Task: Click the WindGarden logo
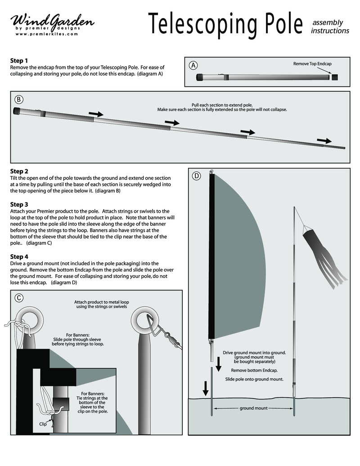click(52, 22)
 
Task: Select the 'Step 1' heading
click(19, 60)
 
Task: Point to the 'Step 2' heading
click(19, 171)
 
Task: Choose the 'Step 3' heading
click(19, 204)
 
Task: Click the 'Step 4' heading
click(19, 256)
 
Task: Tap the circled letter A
click(193, 65)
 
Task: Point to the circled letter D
click(196, 176)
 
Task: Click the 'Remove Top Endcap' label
click(312, 64)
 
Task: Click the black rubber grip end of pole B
click(17, 111)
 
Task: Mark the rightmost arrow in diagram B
click(324, 140)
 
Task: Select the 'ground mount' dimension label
click(254, 408)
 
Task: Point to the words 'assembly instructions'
click(330, 27)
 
